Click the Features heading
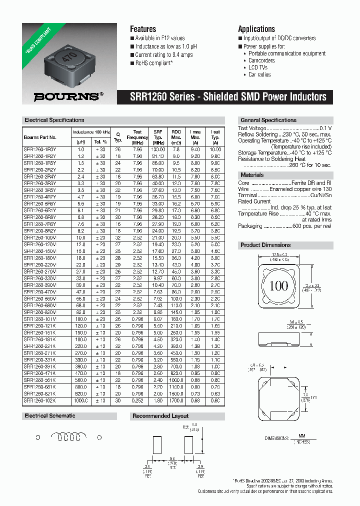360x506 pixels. [143, 29]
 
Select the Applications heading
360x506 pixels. [256, 29]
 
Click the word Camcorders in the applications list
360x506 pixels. [261, 60]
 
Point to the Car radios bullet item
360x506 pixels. [259, 74]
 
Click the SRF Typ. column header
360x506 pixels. [158, 137]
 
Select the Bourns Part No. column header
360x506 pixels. [40, 137]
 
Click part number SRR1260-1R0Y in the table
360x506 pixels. [40, 149]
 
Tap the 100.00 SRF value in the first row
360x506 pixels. [158, 149]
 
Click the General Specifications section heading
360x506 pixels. [268, 120]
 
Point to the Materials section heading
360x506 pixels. [252, 175]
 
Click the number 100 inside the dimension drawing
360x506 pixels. [278, 286]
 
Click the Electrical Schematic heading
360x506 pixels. [50, 416]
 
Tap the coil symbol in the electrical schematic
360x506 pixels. [68, 437]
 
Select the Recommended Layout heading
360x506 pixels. [160, 416]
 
